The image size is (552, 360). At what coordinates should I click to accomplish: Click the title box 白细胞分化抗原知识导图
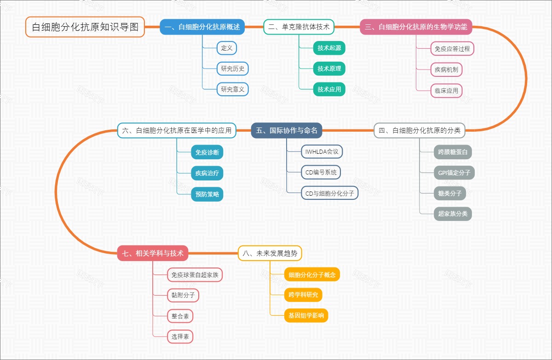tap(85, 27)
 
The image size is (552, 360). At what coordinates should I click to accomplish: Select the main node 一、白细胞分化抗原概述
tap(202, 27)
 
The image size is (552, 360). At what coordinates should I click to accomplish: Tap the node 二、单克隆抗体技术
tap(299, 27)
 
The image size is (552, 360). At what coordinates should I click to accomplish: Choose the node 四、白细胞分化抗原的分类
tap(419, 131)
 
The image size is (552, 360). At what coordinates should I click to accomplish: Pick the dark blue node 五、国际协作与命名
tap(287, 131)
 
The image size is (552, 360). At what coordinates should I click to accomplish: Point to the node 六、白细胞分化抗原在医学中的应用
tap(177, 131)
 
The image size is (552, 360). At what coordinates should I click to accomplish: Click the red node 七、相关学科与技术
tap(153, 253)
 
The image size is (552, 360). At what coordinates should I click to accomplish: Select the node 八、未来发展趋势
tap(270, 253)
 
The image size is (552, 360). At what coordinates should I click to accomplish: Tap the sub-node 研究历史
tap(233, 69)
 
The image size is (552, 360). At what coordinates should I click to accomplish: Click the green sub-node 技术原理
tap(329, 69)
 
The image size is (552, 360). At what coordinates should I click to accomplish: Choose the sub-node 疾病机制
tap(446, 70)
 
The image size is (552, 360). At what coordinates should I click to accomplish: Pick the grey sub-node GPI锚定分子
tap(454, 173)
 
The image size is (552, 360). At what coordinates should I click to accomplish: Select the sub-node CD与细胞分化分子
tap(330, 194)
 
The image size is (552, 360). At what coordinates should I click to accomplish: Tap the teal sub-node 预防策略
tap(207, 194)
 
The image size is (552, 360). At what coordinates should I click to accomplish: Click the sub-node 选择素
tap(180, 337)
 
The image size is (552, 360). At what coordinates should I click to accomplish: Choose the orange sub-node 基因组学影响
tap(306, 316)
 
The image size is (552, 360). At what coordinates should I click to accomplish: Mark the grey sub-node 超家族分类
tap(453, 214)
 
